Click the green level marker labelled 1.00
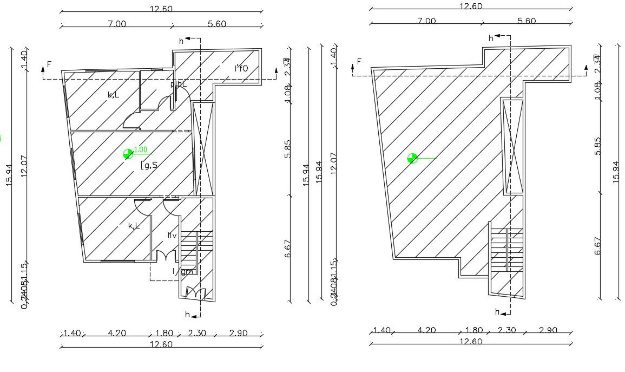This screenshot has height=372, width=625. tap(128, 154)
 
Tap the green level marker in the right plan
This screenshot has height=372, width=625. tap(413, 158)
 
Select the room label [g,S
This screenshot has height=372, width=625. tap(149, 165)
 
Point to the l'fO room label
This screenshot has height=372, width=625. tap(241, 69)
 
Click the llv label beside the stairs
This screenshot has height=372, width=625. tap(172, 235)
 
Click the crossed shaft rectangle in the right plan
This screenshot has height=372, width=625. tap(513, 146)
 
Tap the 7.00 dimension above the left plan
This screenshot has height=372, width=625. tap(117, 23)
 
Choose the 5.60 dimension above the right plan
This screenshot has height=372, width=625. tap(527, 21)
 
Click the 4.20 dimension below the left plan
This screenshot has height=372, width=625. tap(117, 333)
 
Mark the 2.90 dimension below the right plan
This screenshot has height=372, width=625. tap(549, 330)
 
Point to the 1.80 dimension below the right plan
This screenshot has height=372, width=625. tap(473, 330)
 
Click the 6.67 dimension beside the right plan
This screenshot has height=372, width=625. tap(598, 246)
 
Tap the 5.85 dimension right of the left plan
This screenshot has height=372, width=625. tap(287, 148)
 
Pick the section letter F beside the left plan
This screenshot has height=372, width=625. tap(49, 64)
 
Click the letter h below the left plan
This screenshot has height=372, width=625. tap(187, 315)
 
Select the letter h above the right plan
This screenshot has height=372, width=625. tap(491, 38)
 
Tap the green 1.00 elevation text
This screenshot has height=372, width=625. tap(141, 150)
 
